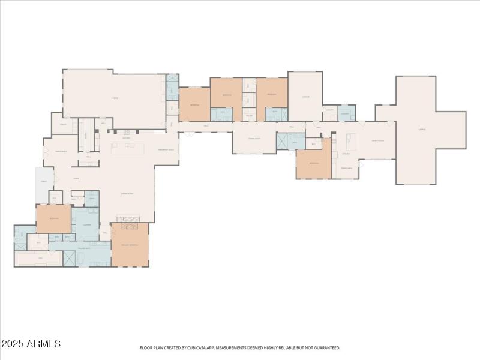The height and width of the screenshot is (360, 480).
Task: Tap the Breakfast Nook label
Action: pos(166,149)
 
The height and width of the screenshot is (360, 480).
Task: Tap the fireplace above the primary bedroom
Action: pos(130,220)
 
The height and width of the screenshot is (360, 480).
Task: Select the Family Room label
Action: pos(377,140)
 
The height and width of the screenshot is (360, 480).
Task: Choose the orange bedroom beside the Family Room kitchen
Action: pos(313,163)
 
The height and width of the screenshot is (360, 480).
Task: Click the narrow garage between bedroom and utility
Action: pos(305,96)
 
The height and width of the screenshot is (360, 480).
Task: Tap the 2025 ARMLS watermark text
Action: pos(31,344)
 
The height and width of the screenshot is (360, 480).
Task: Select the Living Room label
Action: pos(127,194)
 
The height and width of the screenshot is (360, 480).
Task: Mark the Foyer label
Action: pos(77,178)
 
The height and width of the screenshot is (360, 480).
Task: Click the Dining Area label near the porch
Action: pos(61,151)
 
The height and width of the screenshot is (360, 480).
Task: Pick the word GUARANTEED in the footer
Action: pos(326,347)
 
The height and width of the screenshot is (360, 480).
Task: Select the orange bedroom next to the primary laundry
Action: pos(53,218)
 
